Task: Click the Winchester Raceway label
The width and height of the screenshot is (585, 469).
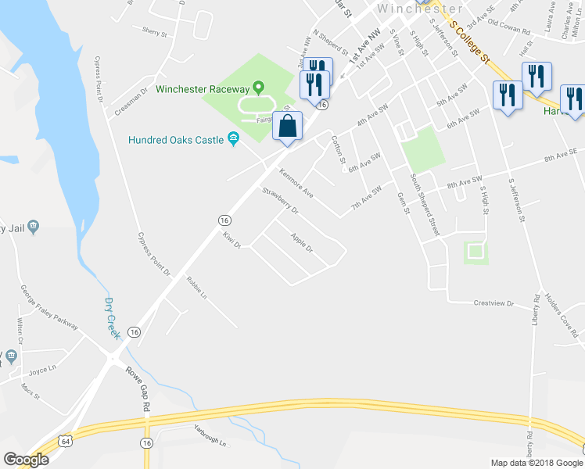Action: (x=201, y=88)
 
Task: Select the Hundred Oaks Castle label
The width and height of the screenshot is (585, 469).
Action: (x=177, y=140)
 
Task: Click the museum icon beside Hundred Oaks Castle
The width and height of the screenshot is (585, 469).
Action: (x=233, y=140)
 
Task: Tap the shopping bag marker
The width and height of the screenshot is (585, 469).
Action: (x=288, y=127)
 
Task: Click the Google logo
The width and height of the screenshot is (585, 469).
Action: (x=26, y=459)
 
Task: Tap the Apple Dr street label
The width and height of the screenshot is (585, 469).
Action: (x=301, y=243)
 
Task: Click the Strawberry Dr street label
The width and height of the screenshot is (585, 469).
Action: (x=282, y=201)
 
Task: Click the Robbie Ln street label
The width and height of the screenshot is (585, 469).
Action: (x=196, y=287)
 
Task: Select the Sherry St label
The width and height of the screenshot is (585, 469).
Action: (x=155, y=31)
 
